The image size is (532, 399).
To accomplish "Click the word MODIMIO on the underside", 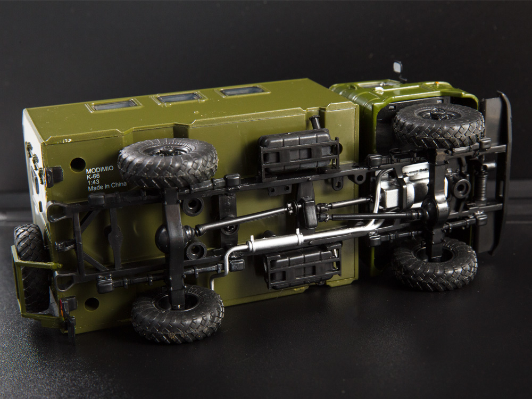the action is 100,170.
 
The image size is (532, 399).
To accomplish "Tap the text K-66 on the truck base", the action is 93,176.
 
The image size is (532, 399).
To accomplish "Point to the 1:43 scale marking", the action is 93,182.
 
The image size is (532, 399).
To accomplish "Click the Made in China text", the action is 107,187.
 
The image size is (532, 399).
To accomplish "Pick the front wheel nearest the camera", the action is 434,264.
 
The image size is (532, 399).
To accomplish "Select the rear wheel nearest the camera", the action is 178,313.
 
